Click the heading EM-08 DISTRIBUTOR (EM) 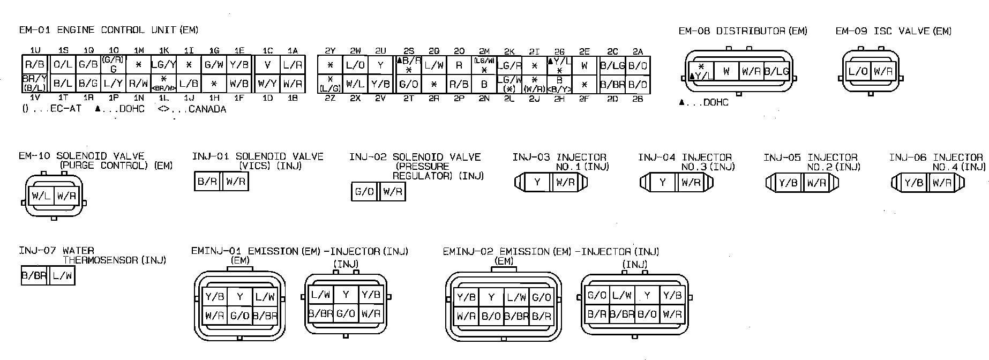[743, 31]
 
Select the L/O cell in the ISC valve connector [858, 71]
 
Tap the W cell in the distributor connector [726, 71]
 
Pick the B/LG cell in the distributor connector [776, 71]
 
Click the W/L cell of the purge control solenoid [41, 196]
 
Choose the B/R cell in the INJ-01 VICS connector [207, 182]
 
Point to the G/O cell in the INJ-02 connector [364, 191]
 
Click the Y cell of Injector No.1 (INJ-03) [537, 183]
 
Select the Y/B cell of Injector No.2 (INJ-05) [788, 183]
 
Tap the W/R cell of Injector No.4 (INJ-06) [941, 183]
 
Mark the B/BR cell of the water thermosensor [34, 276]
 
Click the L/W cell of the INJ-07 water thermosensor [62, 276]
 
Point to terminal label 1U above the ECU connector [35, 50]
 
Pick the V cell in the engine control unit [267, 65]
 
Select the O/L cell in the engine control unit [63, 65]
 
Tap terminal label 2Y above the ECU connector [330, 51]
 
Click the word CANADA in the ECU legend [207, 109]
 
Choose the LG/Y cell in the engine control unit [164, 65]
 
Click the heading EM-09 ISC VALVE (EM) [893, 31]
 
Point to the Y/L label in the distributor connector [702, 76]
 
